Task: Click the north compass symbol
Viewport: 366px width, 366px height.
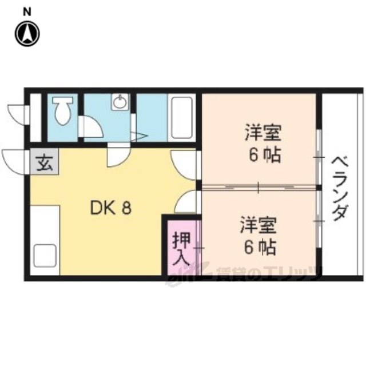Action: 27,33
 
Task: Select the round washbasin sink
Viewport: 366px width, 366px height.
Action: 121,103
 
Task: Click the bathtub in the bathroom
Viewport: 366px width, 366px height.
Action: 182,117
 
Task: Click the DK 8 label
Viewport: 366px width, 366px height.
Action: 111,208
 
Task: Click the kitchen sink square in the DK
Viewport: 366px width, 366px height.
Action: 45,254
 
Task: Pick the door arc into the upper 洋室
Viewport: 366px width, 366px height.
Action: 184,166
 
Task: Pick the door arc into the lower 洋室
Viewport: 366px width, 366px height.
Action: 186,202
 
